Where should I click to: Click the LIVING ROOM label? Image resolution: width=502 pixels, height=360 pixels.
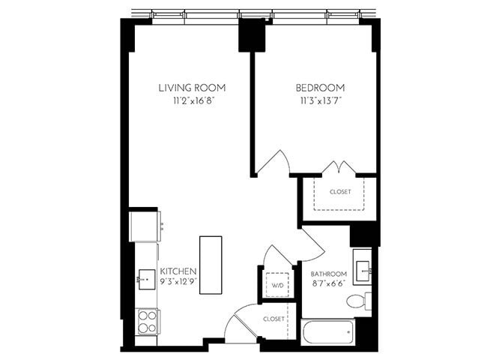192,88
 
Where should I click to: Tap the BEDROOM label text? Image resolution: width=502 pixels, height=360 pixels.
319,88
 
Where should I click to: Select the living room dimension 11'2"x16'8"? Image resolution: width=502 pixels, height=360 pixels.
192,100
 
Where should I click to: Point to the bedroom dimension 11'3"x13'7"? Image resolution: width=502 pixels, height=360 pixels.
319,100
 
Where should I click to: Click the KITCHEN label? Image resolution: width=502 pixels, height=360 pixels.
178,271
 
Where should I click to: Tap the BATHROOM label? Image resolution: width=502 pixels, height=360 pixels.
329,274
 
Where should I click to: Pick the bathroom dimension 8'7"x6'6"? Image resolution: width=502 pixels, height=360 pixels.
329,285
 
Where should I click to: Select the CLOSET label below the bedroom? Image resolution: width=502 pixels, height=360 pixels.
340,192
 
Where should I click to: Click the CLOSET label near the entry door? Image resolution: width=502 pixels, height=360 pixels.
273,319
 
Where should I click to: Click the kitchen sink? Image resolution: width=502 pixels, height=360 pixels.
145,278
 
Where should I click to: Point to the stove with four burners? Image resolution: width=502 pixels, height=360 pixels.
148,322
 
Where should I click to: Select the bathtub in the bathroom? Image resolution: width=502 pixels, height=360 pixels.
328,331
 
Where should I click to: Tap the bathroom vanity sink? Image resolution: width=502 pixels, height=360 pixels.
366,269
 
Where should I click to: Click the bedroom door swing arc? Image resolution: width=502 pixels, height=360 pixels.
273,163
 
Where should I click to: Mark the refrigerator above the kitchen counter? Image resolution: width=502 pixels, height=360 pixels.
143,224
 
